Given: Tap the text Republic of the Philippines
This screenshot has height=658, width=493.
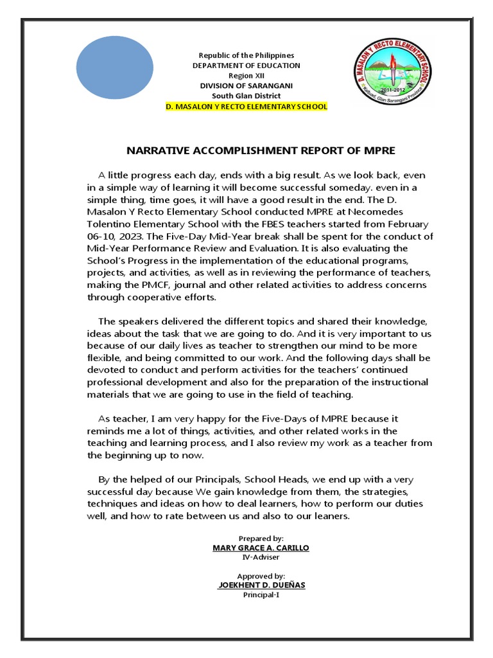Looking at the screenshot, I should tap(246, 56).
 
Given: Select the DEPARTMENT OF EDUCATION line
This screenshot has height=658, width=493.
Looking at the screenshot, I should tap(246, 66).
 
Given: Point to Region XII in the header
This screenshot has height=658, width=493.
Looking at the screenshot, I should tap(246, 76).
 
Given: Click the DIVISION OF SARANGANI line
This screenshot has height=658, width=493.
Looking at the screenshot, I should tap(246, 86).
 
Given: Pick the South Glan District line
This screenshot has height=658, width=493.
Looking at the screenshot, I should tap(246, 96).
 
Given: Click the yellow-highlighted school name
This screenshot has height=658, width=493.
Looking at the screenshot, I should tap(246, 106).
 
